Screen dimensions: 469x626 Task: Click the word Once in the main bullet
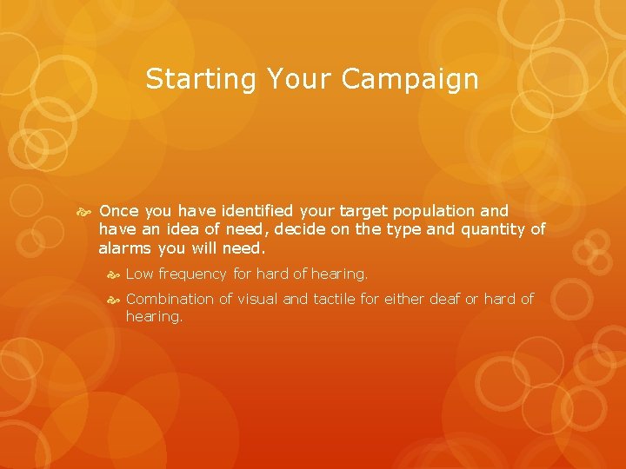pos(119,211)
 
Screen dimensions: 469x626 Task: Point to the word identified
pos(249,211)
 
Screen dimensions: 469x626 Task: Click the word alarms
pos(123,248)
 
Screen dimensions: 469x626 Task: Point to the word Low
pos(140,274)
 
